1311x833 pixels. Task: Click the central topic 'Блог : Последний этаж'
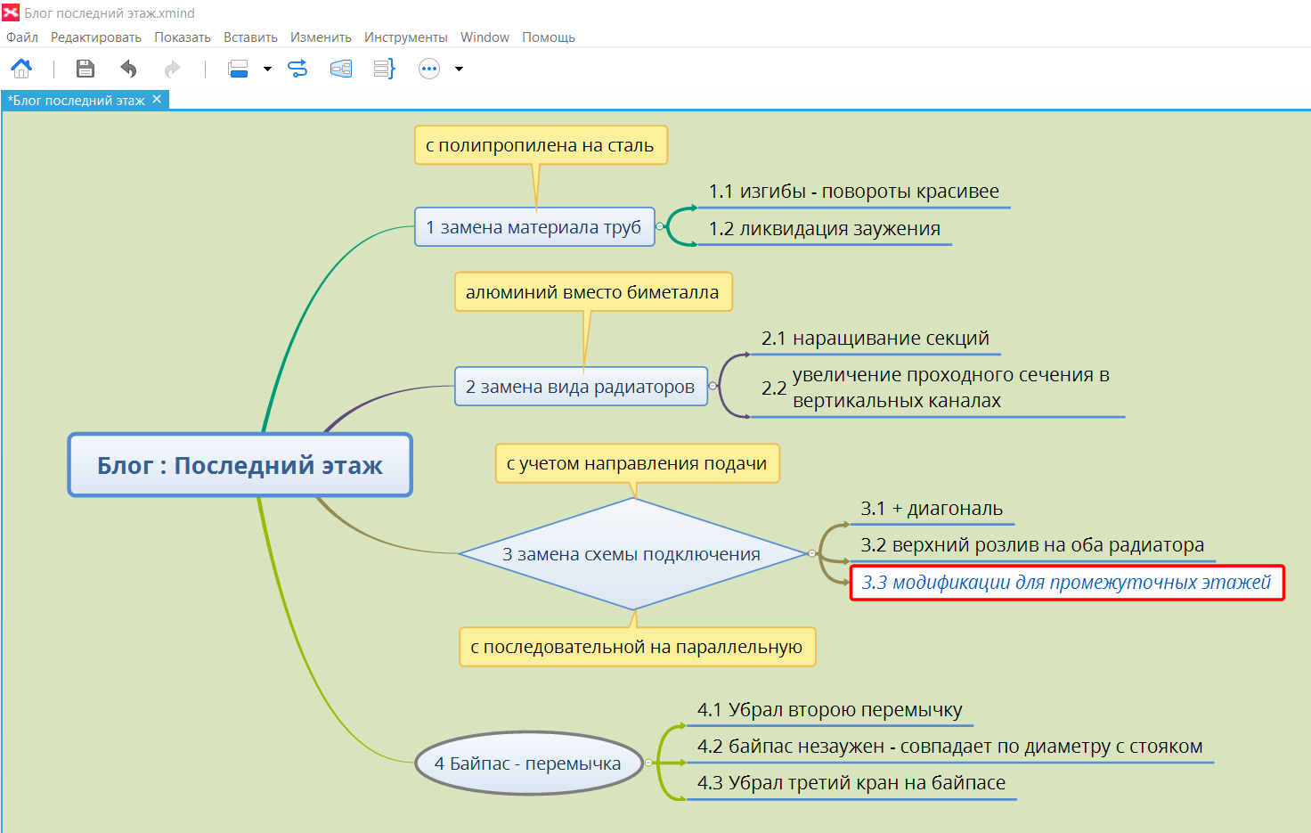pos(240,465)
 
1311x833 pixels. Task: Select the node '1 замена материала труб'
pos(534,226)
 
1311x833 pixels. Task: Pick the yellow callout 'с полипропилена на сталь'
pos(541,145)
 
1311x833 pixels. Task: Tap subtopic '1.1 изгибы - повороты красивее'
pos(854,192)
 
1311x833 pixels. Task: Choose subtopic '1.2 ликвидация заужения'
pos(825,228)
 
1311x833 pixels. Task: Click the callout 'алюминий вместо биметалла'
pos(593,291)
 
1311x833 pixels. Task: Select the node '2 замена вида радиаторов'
pos(581,387)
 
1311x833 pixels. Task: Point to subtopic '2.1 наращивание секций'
pos(875,338)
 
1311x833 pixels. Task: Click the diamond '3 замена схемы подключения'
pos(632,554)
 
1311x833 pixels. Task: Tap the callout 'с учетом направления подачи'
pos(638,463)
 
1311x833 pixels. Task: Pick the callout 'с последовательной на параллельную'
pos(637,647)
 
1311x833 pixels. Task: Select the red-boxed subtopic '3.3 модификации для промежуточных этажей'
pos(1066,583)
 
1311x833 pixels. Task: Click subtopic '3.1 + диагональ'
pos(932,509)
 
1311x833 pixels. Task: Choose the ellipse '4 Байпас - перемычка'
pos(528,763)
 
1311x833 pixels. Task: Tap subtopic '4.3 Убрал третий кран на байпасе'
pos(851,782)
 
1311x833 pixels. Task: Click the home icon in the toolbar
pos(21,69)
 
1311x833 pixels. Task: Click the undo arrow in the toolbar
pos(128,69)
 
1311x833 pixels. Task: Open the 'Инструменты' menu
pos(405,37)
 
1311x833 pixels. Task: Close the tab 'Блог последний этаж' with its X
pos(157,100)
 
